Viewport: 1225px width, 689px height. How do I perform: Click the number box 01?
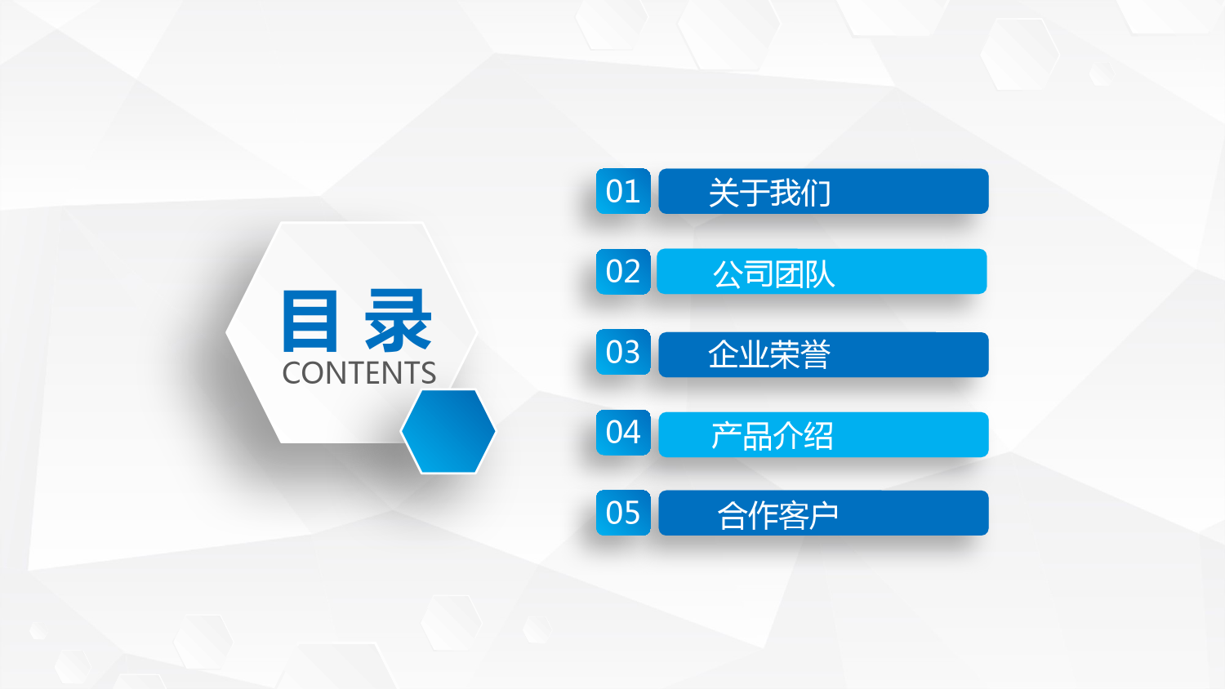[x=623, y=191]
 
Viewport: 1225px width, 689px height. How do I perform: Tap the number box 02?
[x=623, y=271]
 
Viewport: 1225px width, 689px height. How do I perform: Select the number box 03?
[x=623, y=352]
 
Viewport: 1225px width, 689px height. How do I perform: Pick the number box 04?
[x=623, y=432]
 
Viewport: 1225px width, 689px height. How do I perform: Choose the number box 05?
[x=623, y=513]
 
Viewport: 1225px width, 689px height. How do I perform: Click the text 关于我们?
[x=769, y=193]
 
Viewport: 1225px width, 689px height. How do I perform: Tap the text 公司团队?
[x=774, y=273]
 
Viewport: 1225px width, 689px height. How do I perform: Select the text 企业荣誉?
[x=769, y=354]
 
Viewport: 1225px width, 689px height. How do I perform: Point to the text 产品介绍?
[x=773, y=436]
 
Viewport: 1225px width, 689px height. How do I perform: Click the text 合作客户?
[x=777, y=515]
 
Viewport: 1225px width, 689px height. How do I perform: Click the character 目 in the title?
[x=310, y=321]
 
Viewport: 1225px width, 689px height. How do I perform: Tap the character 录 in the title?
[x=399, y=321]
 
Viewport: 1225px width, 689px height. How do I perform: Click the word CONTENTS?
[x=359, y=373]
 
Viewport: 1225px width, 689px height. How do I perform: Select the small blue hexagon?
[x=448, y=431]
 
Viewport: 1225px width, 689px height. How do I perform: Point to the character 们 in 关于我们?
[x=815, y=193]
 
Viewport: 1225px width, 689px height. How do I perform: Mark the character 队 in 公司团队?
[x=820, y=273]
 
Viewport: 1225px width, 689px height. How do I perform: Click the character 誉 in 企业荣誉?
[x=815, y=354]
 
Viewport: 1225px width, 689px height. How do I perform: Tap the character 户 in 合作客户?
[x=824, y=515]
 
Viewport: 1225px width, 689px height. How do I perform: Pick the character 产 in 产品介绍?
[x=726, y=436]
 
